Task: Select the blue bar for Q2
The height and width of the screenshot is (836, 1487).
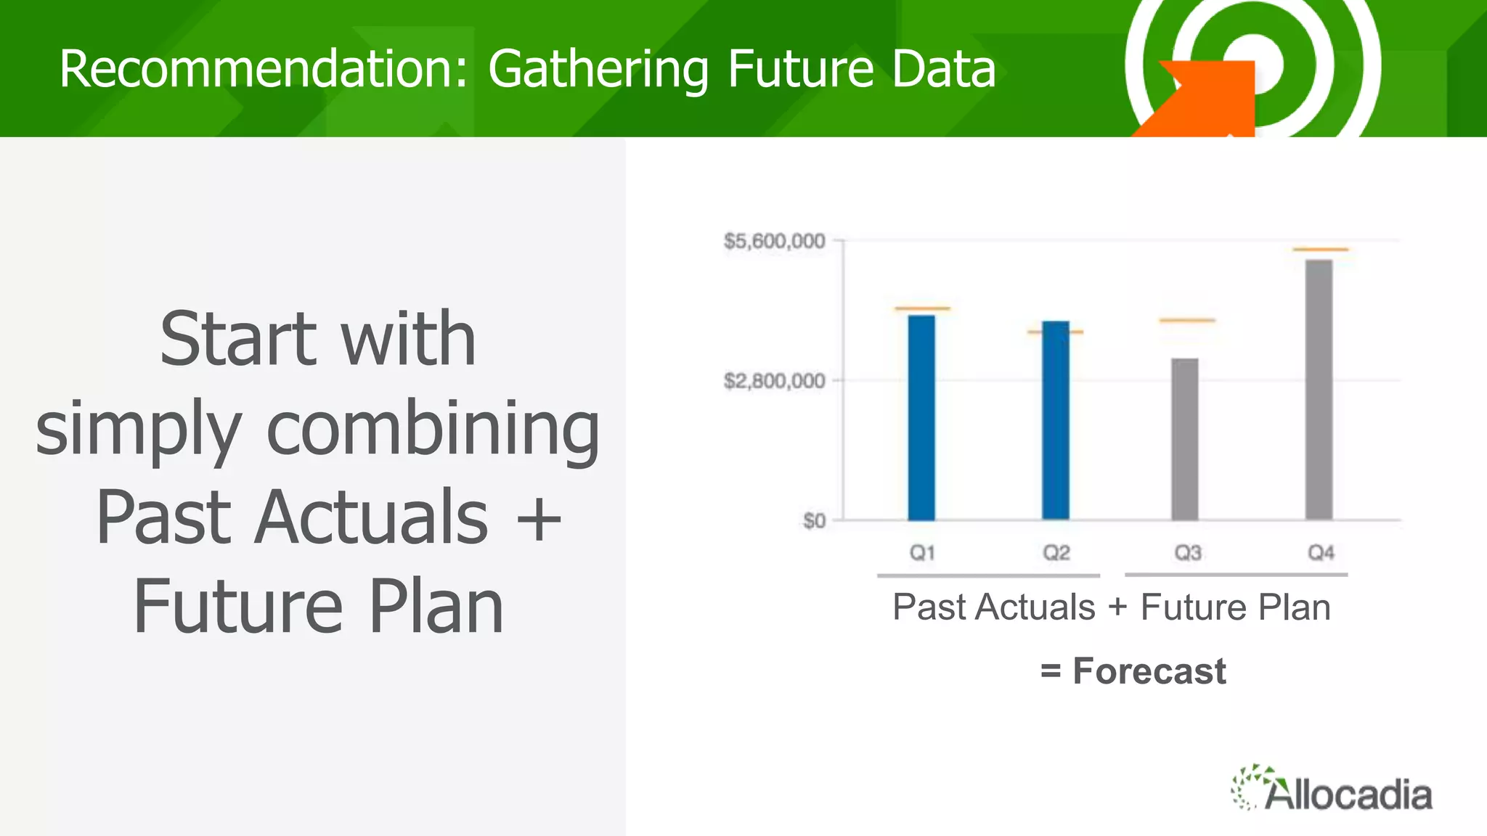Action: point(1056,421)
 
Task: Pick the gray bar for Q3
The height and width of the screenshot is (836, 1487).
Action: point(1185,439)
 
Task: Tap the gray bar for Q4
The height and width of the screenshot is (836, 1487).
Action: point(1319,390)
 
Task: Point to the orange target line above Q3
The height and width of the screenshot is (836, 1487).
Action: point(1187,320)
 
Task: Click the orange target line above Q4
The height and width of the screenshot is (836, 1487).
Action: point(1321,250)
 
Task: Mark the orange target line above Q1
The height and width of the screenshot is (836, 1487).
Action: point(922,308)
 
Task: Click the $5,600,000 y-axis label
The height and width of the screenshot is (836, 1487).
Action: point(774,241)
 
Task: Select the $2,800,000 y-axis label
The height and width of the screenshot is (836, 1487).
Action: point(774,381)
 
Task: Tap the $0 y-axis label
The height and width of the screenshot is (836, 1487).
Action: point(814,521)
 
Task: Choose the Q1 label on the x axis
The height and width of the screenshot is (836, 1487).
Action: point(922,553)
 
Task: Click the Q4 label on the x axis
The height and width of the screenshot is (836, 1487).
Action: point(1321,553)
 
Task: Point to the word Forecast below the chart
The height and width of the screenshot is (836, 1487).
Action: point(1149,671)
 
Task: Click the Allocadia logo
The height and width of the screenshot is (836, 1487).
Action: point(1332,790)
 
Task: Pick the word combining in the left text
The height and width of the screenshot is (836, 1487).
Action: point(433,430)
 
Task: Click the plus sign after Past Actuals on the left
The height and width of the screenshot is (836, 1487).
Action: point(538,518)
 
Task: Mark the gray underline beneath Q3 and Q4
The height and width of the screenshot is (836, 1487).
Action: point(1236,575)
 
